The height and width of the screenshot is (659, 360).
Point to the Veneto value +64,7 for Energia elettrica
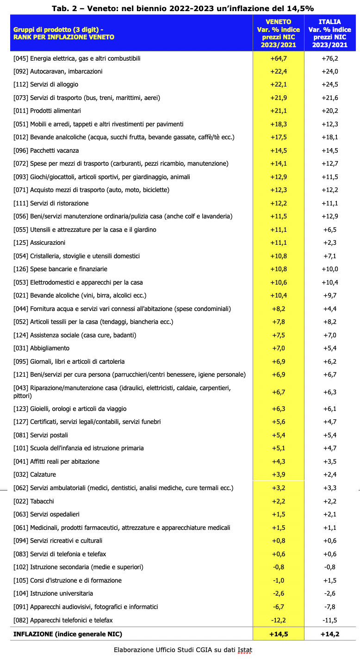point(279,58)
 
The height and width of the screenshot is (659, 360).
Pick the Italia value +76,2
point(330,58)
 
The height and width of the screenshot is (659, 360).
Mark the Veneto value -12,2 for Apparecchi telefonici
point(279,620)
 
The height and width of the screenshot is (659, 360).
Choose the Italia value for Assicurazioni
point(330,242)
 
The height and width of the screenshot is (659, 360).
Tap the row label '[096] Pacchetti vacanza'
point(46,150)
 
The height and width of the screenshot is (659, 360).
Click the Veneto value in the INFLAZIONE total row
point(279,634)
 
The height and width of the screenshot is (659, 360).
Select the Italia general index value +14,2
point(330,634)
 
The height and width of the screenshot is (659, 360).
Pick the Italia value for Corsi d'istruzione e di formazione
point(330,580)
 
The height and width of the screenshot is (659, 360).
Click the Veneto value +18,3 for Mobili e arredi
point(279,124)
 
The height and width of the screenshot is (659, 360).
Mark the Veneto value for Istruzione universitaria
point(279,593)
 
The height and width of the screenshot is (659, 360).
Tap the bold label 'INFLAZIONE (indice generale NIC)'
point(68,634)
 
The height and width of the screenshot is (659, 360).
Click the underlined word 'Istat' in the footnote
point(245,650)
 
